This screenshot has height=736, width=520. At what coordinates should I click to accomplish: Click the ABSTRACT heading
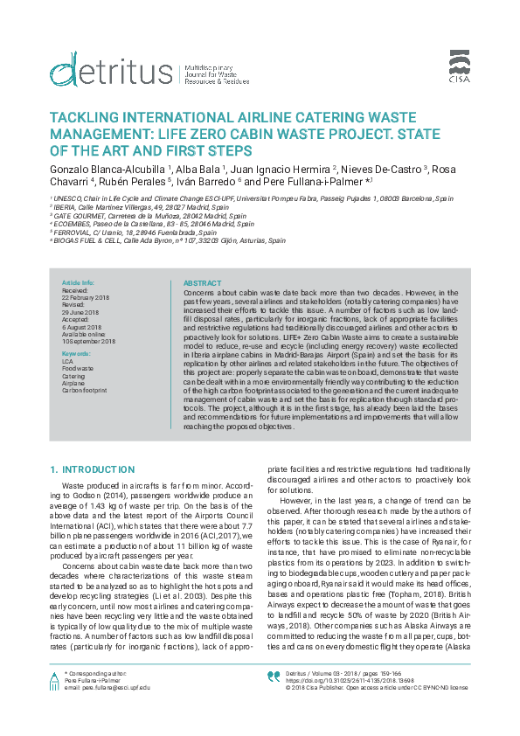click(202, 283)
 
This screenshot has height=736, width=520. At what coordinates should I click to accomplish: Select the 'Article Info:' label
click(78, 283)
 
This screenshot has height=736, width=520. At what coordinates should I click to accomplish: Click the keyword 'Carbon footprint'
click(84, 390)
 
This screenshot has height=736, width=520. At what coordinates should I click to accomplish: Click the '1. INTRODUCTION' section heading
click(93, 469)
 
